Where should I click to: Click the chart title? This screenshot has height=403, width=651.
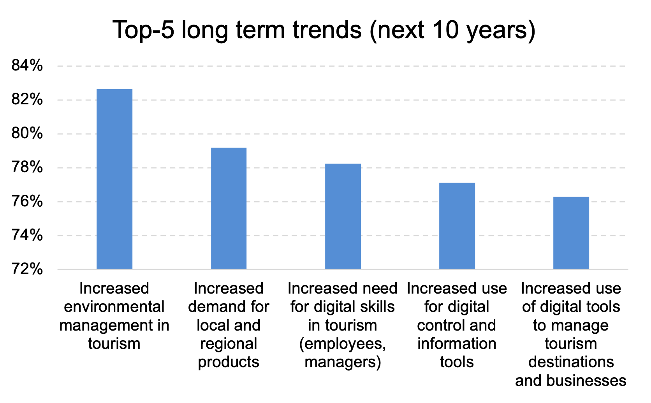click(324, 30)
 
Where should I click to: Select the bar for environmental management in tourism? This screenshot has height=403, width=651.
click(114, 179)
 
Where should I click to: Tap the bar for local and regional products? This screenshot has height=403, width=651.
click(229, 208)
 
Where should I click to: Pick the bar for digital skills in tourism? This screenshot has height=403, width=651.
click(343, 216)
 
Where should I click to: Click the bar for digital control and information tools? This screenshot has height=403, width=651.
click(457, 226)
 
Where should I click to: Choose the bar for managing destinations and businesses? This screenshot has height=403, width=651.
click(571, 233)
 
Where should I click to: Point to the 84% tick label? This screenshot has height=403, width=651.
click(27, 66)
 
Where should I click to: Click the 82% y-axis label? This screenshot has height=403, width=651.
click(27, 100)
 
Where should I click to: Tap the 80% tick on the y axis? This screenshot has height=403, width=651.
click(27, 134)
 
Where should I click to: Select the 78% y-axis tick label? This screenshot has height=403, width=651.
click(27, 168)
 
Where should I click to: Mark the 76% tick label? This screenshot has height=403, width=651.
click(27, 202)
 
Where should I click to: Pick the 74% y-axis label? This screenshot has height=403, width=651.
click(27, 235)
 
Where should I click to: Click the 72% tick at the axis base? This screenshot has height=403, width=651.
click(27, 269)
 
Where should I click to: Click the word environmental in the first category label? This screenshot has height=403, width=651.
click(114, 307)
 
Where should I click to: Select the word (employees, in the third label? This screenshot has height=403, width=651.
click(343, 344)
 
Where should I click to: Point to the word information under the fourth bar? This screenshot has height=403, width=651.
click(457, 344)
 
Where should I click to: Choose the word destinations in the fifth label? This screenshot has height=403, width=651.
click(571, 362)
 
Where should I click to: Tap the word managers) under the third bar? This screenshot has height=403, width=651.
click(343, 363)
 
